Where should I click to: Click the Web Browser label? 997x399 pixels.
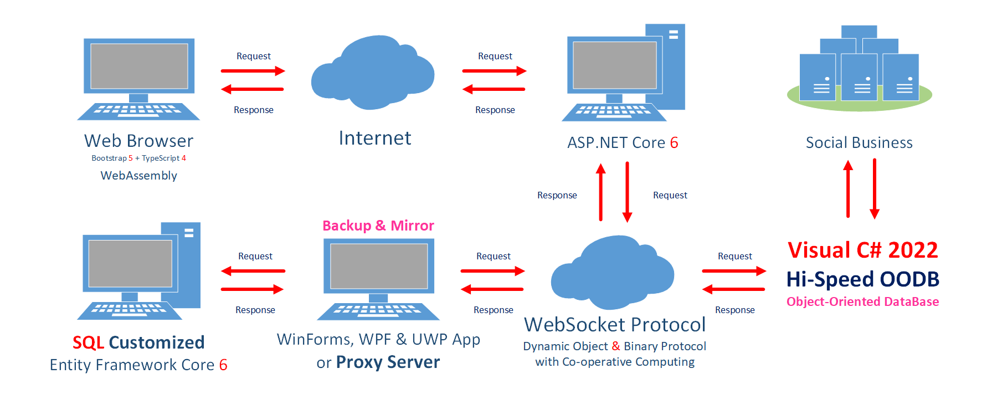(138, 141)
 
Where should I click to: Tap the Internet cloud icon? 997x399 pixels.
(373, 72)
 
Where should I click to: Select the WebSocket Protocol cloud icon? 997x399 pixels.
(613, 272)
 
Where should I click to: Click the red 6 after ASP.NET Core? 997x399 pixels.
(674, 143)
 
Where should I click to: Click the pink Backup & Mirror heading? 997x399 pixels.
(378, 226)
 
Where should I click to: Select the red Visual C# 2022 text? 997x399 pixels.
(863, 250)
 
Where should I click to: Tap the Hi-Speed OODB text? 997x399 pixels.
(863, 279)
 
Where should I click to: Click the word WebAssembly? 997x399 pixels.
(139, 176)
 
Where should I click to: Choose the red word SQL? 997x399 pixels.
(88, 342)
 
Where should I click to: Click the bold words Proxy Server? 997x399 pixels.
(388, 362)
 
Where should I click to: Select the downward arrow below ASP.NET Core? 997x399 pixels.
(627, 192)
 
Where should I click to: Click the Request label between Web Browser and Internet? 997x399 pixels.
(254, 56)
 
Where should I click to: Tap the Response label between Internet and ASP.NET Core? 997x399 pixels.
(495, 110)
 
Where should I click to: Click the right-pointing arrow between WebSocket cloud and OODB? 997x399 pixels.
(734, 271)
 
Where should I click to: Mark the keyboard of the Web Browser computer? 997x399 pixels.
(138, 111)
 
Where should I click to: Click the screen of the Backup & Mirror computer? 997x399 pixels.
(379, 266)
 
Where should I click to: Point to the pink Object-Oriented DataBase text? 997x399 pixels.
(863, 302)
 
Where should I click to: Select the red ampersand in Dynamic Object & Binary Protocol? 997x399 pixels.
(616, 346)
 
